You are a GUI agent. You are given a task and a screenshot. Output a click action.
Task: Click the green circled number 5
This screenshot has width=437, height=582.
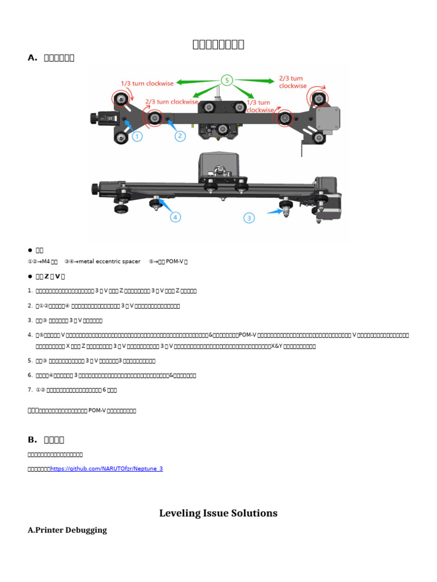pos(227,81)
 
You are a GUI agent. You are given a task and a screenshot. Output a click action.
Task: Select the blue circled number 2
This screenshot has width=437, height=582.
pos(180,135)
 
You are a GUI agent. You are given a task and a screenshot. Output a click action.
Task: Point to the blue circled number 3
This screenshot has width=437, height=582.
pos(249,217)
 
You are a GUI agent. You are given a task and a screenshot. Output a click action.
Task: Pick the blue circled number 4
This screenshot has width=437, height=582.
pos(175,217)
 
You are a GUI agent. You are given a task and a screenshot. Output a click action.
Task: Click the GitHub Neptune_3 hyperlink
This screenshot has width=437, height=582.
pos(106,468)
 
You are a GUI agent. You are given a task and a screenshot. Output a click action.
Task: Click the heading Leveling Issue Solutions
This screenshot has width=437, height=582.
pos(218,513)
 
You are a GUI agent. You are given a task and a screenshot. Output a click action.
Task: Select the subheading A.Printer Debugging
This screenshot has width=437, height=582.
pos(67,530)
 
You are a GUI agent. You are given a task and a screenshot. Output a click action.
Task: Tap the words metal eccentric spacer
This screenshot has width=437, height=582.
pos(110,261)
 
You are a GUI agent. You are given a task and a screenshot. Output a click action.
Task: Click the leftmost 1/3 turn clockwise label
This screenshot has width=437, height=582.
pos(147,83)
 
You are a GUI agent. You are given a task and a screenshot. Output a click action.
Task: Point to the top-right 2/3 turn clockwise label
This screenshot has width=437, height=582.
pos(292,82)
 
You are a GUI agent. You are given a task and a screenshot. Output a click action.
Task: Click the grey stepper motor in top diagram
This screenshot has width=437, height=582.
pos(327,120)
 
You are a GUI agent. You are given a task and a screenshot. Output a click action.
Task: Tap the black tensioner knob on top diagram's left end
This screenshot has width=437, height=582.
pos(93,118)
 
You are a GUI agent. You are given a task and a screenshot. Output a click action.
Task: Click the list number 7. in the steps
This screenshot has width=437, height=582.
pos(30,390)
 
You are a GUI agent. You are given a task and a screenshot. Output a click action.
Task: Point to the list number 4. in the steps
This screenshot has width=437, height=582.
pos(30,335)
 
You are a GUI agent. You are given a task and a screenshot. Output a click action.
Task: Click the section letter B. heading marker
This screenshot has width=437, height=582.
pos(32,439)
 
